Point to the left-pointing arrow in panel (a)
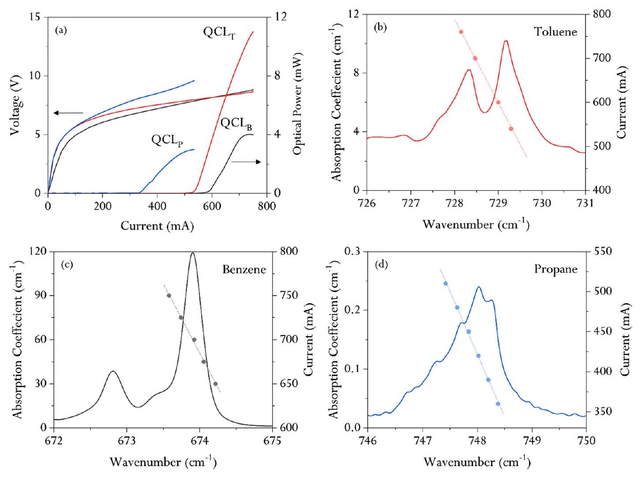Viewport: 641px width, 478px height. [68, 113]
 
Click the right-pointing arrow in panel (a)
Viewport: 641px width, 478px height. [246, 162]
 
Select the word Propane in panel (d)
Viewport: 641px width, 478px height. [555, 269]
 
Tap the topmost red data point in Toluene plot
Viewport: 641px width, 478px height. [461, 32]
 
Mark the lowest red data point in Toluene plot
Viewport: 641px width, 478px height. [511, 129]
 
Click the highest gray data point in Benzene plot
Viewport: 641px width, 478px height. [169, 295]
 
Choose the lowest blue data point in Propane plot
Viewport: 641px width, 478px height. [498, 404]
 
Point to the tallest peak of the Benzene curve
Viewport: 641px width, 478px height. [193, 253]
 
